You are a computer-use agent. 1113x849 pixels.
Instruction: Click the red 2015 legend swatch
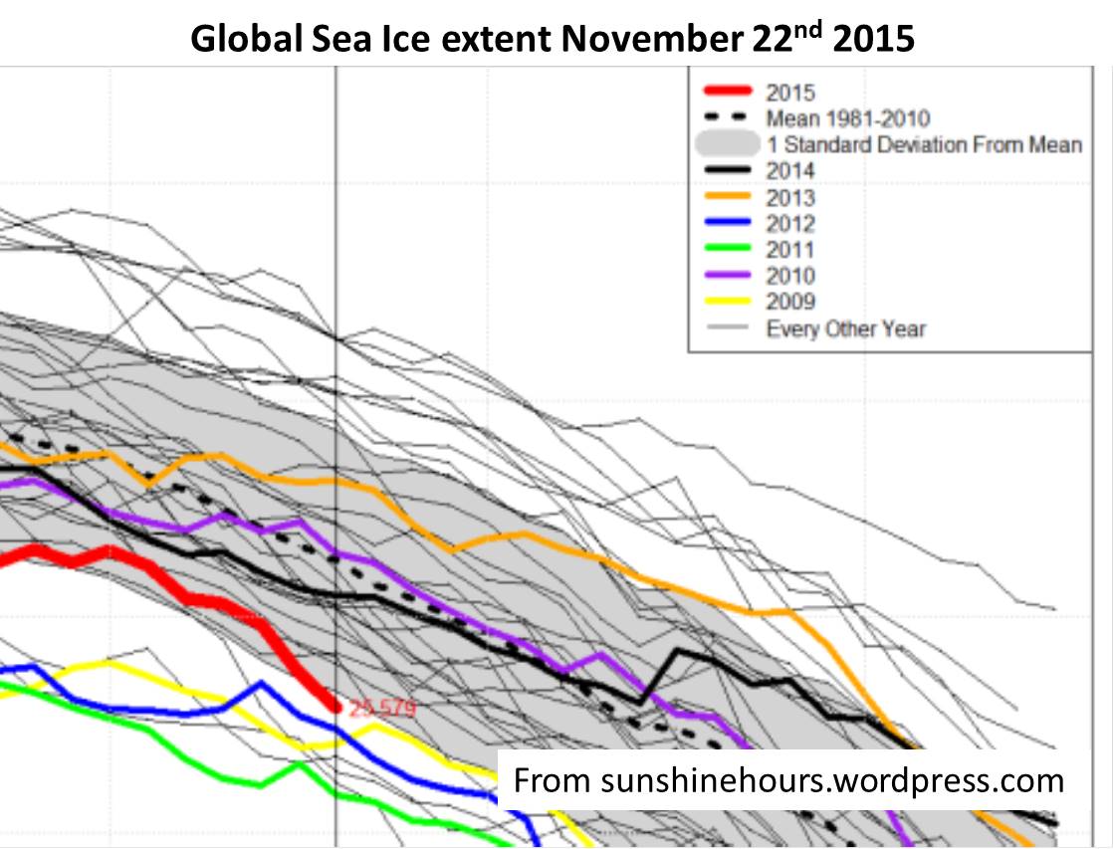point(724,93)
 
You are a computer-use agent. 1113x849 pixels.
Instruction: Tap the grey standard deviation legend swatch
point(724,144)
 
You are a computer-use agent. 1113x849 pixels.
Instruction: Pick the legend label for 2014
point(790,171)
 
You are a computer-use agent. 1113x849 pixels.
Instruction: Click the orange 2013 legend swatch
point(724,197)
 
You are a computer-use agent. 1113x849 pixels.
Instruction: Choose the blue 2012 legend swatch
point(724,223)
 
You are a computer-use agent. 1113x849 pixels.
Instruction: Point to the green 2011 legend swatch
point(724,250)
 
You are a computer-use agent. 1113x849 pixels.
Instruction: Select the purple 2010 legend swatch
point(724,276)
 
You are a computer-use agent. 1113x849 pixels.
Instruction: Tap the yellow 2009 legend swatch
point(724,302)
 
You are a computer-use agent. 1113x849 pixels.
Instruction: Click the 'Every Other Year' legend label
point(845,328)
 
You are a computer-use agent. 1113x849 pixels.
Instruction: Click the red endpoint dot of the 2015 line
point(335,708)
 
